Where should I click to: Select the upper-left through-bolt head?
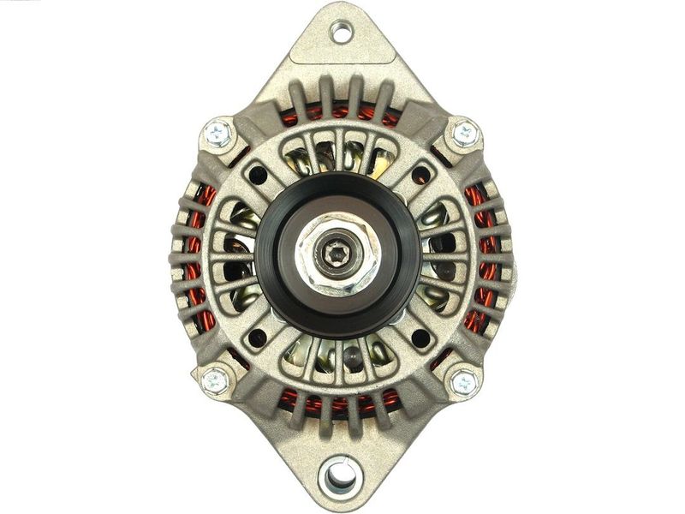click(x=217, y=134)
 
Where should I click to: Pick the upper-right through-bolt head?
click(x=465, y=133)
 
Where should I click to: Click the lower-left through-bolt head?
click(x=215, y=380)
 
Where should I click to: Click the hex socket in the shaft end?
click(x=336, y=254)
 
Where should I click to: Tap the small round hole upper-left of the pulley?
click(x=256, y=176)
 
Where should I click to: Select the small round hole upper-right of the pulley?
click(x=420, y=176)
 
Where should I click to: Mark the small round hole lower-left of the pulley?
click(x=256, y=338)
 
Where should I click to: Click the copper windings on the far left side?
click(x=200, y=257)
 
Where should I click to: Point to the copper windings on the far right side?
click(x=479, y=257)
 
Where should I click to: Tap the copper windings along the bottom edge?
click(x=340, y=401)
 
